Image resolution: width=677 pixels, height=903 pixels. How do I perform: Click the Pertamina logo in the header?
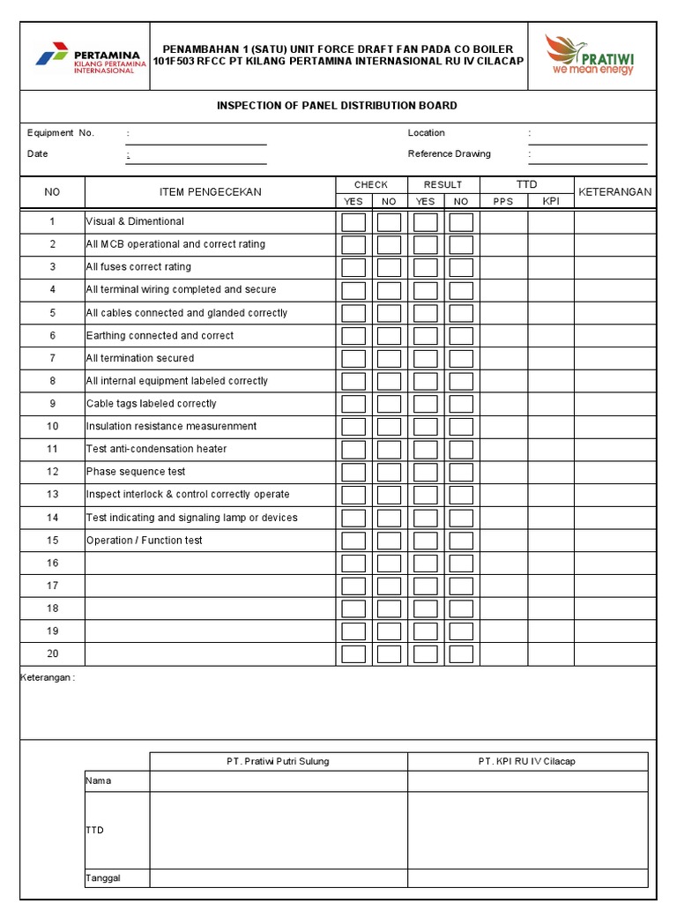point(86,57)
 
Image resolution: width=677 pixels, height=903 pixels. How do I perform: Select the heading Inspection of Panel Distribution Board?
point(337,106)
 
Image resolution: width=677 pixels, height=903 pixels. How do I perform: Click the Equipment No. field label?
point(61,133)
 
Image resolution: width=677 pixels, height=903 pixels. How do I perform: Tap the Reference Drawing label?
point(449,154)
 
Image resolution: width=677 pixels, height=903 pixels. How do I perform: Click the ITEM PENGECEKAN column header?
point(210,192)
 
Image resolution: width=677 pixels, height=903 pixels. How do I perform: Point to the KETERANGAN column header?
point(614,192)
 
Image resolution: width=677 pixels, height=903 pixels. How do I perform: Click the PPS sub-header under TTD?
point(502,202)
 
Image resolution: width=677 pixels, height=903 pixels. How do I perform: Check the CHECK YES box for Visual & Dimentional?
point(353,222)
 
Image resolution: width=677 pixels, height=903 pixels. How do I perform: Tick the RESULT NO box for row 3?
point(461,267)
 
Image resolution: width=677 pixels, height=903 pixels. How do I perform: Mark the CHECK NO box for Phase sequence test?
point(389,473)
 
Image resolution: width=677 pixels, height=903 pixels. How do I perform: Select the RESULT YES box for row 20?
point(426,654)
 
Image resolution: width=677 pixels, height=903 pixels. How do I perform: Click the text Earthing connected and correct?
point(160,336)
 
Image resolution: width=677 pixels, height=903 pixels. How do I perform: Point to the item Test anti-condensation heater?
point(156,450)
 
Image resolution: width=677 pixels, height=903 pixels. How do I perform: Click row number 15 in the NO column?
point(53,541)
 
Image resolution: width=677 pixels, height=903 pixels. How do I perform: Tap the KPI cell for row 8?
point(551,382)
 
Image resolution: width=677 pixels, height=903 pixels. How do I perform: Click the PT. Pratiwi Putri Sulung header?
point(278,762)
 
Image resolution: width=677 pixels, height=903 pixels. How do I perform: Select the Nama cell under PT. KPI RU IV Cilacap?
point(527,781)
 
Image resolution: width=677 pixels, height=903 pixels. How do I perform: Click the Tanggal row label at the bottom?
point(103,878)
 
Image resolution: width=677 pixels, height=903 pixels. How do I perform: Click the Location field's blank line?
point(588,138)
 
